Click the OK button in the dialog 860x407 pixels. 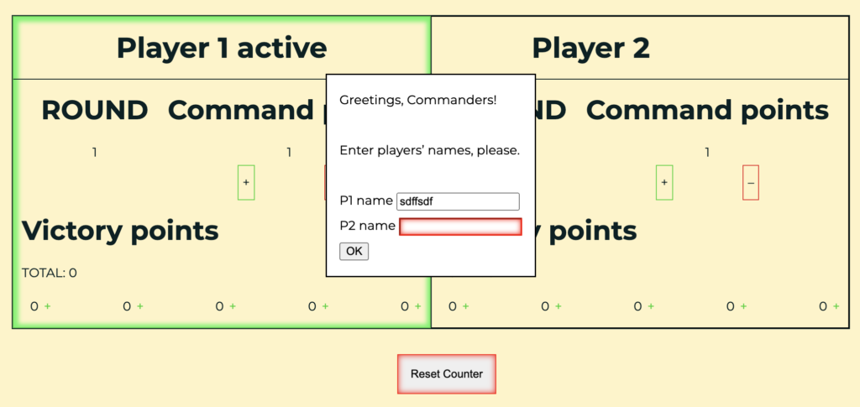click(354, 252)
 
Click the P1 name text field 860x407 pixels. click(458, 201)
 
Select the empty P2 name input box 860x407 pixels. click(460, 227)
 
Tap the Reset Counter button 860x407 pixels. click(447, 374)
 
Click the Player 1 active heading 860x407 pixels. click(222, 48)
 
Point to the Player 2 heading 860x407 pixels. click(590, 48)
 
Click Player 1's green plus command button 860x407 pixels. click(246, 182)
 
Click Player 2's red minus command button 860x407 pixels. click(751, 182)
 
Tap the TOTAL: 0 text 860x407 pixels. click(50, 273)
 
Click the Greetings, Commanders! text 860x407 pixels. click(418, 100)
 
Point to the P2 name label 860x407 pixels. click(368, 226)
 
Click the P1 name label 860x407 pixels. click(366, 201)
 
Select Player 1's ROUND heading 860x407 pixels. click(94, 111)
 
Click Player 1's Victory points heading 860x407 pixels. click(120, 231)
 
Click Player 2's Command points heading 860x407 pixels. click(707, 111)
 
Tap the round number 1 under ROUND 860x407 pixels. click(94, 152)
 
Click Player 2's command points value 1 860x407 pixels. click(707, 152)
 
